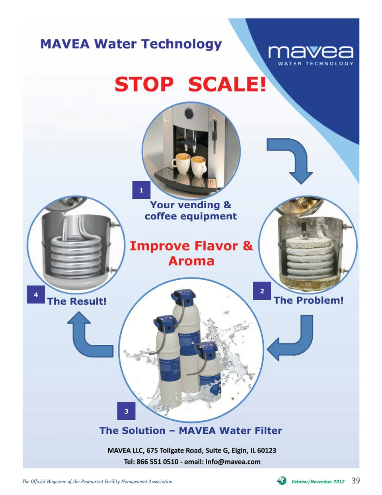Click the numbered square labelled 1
coord(141,190)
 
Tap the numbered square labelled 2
coord(262,291)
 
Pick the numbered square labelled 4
coord(36,294)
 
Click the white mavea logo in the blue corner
coord(311,55)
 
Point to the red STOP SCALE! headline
coord(190,84)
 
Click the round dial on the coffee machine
coord(189,113)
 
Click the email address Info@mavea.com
coord(233,462)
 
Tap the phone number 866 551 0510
coord(157,462)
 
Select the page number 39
coord(356,480)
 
